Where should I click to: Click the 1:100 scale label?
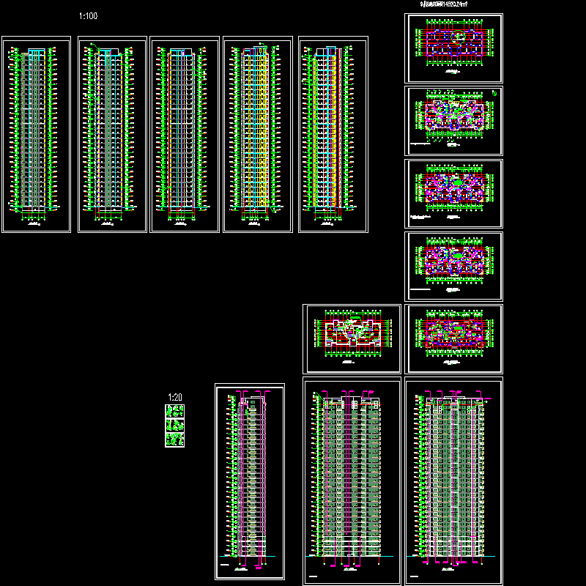point(87,15)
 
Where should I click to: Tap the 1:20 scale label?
point(174,398)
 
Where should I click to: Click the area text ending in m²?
point(443,4)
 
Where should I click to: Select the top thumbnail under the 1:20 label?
point(174,411)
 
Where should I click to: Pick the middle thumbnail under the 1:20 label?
point(174,425)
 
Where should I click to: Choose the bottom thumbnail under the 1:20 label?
point(174,439)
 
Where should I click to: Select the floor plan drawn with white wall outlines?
point(352,338)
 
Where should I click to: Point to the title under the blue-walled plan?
point(454,218)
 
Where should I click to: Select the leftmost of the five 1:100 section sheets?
point(36,135)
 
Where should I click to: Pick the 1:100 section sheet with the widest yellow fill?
point(333,135)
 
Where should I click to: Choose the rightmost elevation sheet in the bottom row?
point(453,481)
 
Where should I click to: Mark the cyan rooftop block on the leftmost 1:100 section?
point(35,51)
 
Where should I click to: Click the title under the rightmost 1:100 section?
point(332,223)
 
